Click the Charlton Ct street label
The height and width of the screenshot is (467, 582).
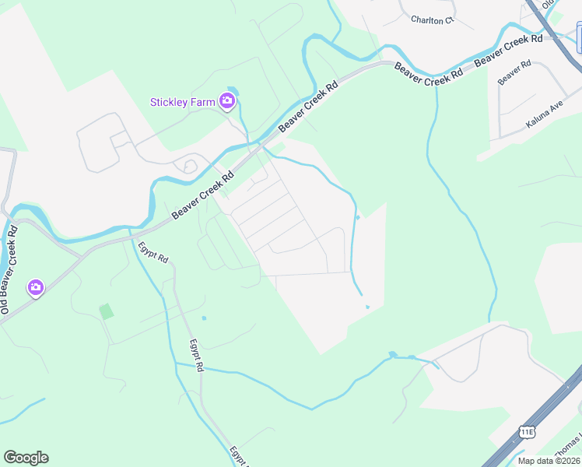(432, 20)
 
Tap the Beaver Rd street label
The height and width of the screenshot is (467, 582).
(514, 73)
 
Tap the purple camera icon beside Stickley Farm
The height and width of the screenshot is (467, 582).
(227, 100)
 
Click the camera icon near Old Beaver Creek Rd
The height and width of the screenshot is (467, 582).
(35, 288)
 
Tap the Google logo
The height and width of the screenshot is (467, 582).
(26, 458)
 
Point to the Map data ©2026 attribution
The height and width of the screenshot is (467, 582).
(549, 461)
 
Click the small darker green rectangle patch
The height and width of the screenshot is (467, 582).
(106, 311)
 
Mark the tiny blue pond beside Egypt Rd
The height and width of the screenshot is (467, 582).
(204, 318)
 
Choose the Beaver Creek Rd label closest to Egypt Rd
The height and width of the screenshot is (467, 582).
(203, 195)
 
